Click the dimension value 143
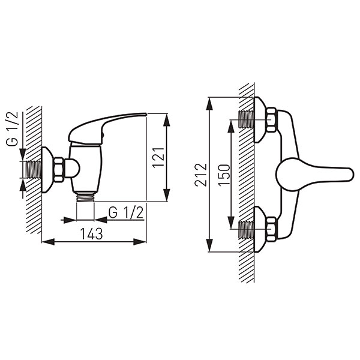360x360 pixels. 91,234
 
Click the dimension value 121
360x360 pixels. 159,157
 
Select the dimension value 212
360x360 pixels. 200,175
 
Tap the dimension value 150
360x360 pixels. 224,175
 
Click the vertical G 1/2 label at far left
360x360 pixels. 12,129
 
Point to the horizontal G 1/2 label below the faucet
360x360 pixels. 126,213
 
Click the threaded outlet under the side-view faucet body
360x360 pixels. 85,197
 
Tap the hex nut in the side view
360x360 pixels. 59,170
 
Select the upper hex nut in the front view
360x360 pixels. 272,119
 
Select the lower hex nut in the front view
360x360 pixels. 272,229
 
